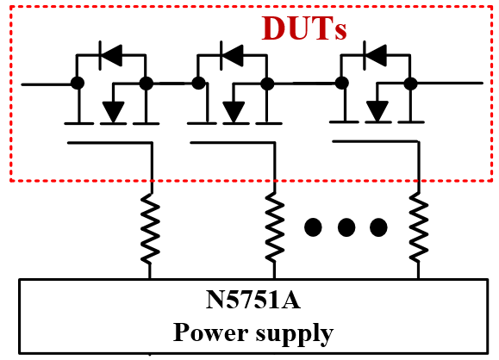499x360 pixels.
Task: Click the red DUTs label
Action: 304,28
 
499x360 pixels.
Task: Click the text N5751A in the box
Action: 253,300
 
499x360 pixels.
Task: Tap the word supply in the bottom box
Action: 295,334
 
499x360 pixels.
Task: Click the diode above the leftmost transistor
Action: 110,55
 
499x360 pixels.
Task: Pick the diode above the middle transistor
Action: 232,55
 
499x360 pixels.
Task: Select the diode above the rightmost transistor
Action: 375,55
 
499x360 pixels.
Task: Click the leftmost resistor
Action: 150,227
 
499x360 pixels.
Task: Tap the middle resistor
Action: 274,227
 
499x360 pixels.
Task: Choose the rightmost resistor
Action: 419,227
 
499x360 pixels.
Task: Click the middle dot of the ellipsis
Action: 346,227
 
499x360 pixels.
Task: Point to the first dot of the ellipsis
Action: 313,227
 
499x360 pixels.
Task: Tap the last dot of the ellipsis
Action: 378,227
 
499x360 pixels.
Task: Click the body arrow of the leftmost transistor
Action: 113,112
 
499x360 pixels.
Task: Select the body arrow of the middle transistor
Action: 234,112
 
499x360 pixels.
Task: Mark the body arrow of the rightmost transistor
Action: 377,111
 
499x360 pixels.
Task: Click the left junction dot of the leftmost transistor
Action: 78,84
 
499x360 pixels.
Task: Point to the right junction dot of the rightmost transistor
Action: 410,84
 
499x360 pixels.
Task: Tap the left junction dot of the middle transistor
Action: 198,84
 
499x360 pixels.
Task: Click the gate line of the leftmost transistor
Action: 109,143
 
